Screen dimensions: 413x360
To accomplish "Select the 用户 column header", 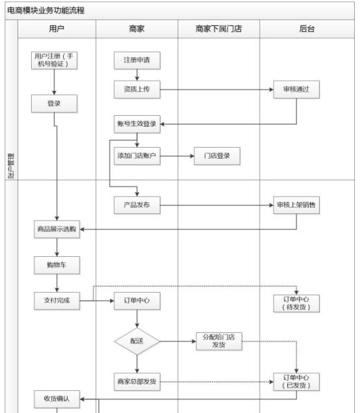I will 56,29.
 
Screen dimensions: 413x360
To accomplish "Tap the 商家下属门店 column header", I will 218,29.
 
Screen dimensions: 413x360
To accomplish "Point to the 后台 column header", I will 307,29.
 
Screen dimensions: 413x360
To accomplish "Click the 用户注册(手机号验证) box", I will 56,60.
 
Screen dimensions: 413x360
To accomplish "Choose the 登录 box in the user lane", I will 56,103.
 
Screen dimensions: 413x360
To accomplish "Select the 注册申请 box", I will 137,60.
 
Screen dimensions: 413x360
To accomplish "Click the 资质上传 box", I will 137,89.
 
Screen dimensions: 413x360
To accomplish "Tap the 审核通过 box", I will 296,89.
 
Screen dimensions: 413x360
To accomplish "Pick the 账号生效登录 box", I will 137,124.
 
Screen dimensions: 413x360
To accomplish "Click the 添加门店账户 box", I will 137,156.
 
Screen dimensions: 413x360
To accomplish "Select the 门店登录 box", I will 218,156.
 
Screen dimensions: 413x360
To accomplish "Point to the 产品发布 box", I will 137,205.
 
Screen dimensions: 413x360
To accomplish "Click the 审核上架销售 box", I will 296,205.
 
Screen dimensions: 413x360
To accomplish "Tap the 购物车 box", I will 57,265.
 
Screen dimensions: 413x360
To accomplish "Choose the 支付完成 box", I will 57,300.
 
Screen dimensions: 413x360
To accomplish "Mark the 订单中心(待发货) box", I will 296,303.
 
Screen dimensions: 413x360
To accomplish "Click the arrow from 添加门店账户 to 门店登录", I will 177,156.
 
